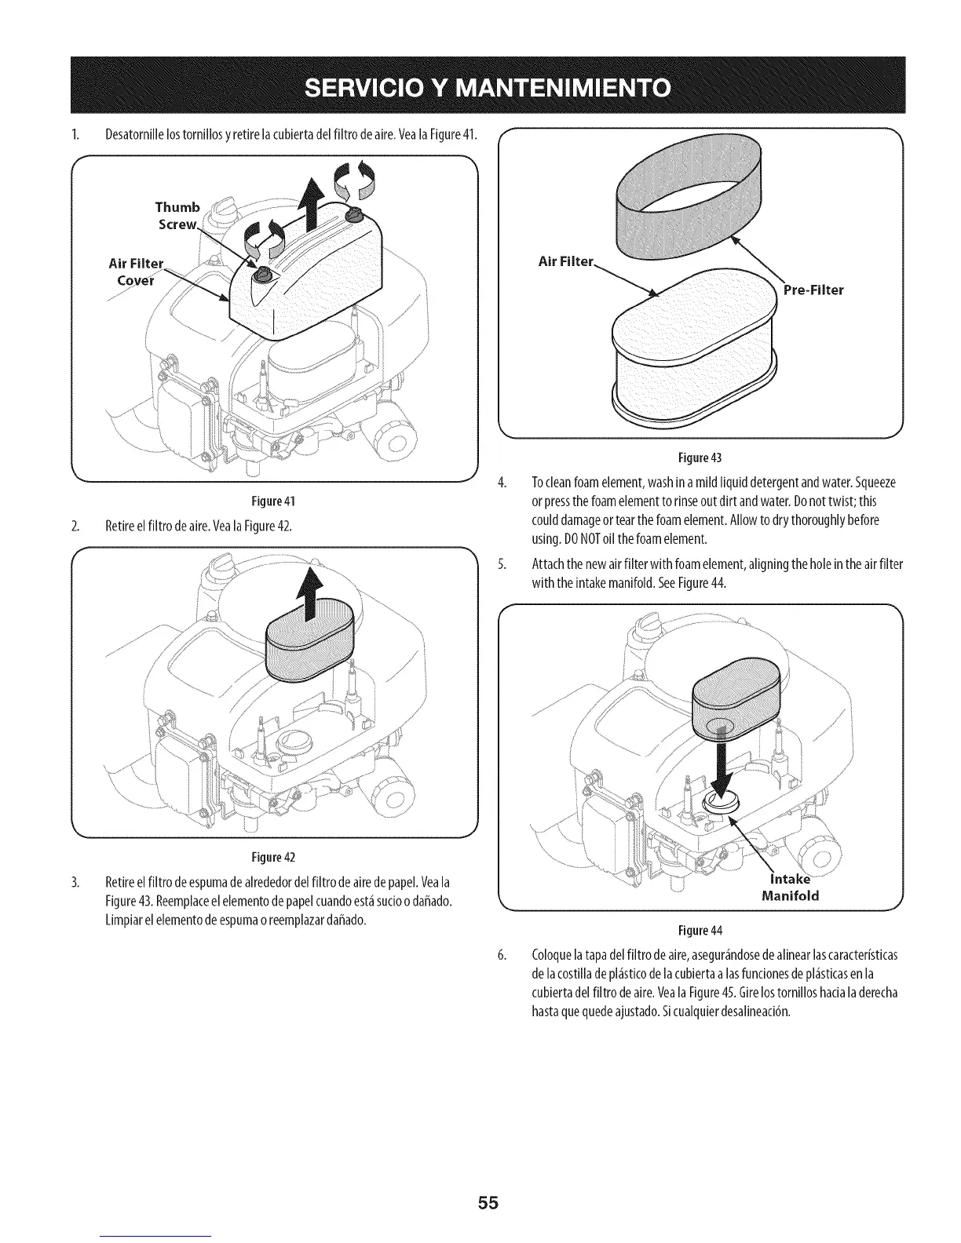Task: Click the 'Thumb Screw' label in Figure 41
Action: [x=177, y=215]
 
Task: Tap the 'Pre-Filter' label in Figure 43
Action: [x=813, y=290]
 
